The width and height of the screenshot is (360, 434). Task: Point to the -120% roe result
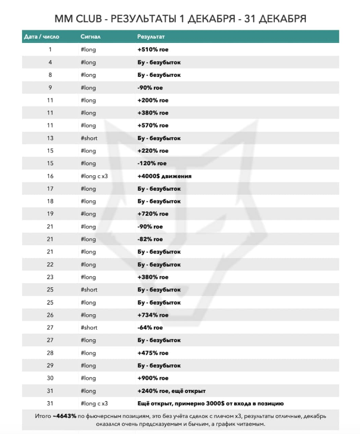pos(151,163)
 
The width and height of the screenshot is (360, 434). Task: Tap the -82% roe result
pos(150,239)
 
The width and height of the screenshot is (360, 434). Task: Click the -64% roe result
pos(150,327)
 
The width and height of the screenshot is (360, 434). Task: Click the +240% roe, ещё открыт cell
pos(172,390)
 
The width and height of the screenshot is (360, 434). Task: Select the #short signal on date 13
pos(89,138)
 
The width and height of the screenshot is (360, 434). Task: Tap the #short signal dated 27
pos(89,327)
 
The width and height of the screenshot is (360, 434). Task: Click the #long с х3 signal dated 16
pos(94,176)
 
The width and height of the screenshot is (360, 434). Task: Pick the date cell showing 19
pos(50,213)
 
